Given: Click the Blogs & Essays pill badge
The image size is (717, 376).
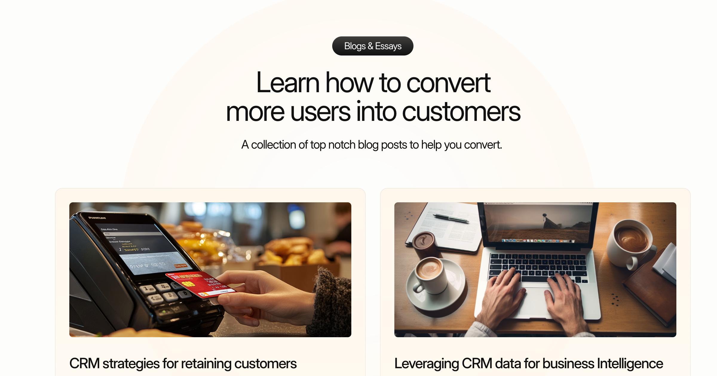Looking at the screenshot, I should point(373,46).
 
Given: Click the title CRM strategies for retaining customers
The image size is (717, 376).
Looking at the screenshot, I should point(183,363).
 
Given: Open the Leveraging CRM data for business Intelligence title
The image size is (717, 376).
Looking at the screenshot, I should point(528,363).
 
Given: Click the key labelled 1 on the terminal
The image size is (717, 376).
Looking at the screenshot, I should point(146,289).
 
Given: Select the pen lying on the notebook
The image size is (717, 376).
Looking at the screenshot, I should point(451,218).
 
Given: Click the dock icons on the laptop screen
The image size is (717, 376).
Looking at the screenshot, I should point(538,241).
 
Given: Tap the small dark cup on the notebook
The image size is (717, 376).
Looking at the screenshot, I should point(424,243).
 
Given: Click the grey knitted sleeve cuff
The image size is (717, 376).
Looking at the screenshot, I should point(332,301).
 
